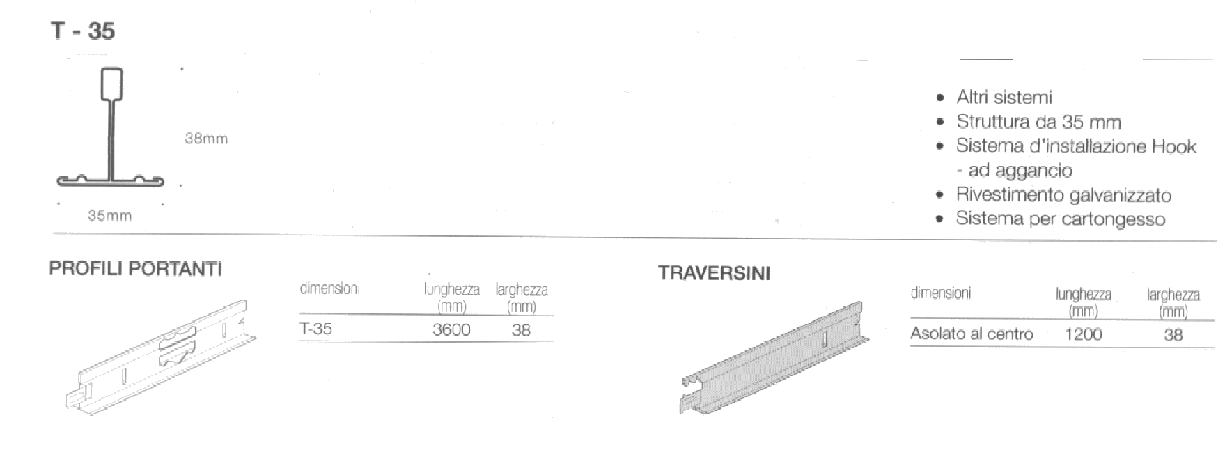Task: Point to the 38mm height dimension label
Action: click(206, 138)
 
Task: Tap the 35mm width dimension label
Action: click(109, 215)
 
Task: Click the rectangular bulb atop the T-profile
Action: click(111, 83)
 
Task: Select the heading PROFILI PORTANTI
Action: click(135, 269)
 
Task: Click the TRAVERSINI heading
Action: click(714, 273)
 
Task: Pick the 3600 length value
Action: click(451, 329)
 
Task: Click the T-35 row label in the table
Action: click(315, 329)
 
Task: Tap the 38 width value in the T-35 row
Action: click(521, 330)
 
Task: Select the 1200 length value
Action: click(1083, 334)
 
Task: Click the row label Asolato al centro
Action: click(972, 334)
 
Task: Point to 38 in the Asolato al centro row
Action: click(1173, 335)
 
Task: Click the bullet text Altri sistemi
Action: click(1004, 98)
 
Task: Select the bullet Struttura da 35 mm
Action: click(1038, 122)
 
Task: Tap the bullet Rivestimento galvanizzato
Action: click(1063, 195)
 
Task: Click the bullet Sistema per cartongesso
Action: click(1060, 219)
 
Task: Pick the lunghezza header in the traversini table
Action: click(1083, 294)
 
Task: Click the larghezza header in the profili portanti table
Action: click(521, 289)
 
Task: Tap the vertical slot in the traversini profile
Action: click(823, 340)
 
